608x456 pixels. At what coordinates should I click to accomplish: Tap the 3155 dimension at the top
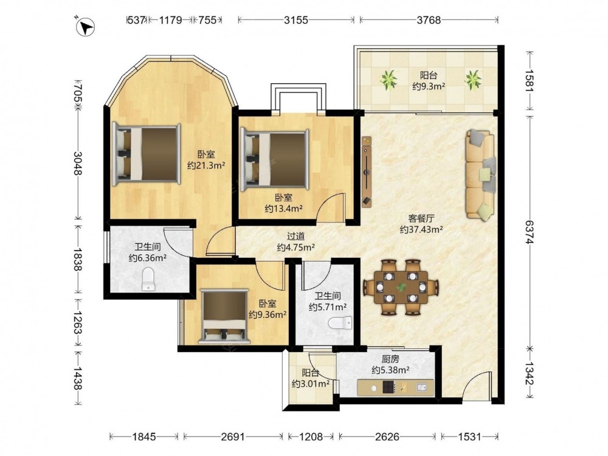coord(296,20)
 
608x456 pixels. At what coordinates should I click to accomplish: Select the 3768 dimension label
coord(429,20)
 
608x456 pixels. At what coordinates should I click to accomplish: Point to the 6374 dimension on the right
coord(530,232)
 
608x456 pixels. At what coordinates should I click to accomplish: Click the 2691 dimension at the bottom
coord(233,437)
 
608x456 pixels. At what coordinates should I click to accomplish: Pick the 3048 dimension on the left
coord(78,163)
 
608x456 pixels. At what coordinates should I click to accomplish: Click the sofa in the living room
coord(480,175)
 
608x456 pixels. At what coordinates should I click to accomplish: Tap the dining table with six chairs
coord(401,287)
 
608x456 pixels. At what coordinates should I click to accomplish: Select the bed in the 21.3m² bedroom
coord(147,154)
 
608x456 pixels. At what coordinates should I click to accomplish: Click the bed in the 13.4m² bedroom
coord(275,160)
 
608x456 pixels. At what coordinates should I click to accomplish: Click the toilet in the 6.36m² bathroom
coord(148,279)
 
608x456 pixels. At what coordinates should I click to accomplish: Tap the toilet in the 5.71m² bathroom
coord(340,323)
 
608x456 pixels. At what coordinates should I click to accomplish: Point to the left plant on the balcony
coord(389,80)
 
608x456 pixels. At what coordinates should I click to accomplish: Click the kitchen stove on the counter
coord(389,387)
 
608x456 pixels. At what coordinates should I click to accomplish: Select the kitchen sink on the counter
coord(422,387)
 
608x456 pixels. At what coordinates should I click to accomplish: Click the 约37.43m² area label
coord(421,230)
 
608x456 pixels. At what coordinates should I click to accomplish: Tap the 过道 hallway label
coord(296,236)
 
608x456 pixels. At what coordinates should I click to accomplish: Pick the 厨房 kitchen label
coord(390,359)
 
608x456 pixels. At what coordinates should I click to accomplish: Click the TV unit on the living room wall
coord(367,172)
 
